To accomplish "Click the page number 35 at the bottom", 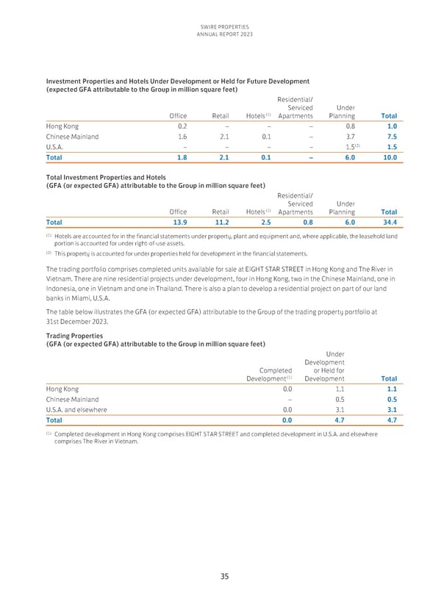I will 220,576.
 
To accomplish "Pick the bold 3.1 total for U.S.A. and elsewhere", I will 391,410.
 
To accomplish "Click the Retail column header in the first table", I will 220,115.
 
